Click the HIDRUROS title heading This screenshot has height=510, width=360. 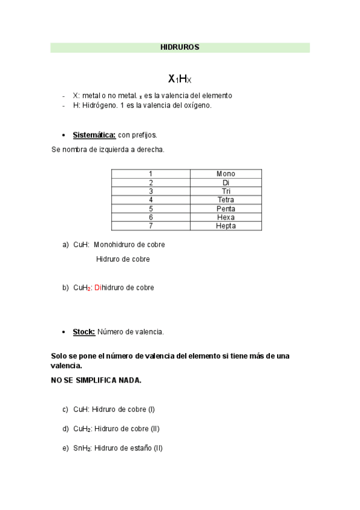click(x=180, y=47)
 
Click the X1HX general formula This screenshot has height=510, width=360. click(x=179, y=79)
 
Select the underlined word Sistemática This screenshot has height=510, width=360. click(x=94, y=135)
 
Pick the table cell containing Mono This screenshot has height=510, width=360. click(x=225, y=174)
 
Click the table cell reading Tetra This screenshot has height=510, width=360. click(x=225, y=200)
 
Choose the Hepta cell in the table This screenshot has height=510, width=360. click(x=225, y=226)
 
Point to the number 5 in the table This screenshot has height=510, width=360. click(x=151, y=209)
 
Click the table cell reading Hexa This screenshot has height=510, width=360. click(x=225, y=217)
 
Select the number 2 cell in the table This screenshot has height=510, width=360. click(x=151, y=182)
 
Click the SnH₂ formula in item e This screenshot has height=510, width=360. click(x=82, y=448)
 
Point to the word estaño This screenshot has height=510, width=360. click(x=142, y=448)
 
